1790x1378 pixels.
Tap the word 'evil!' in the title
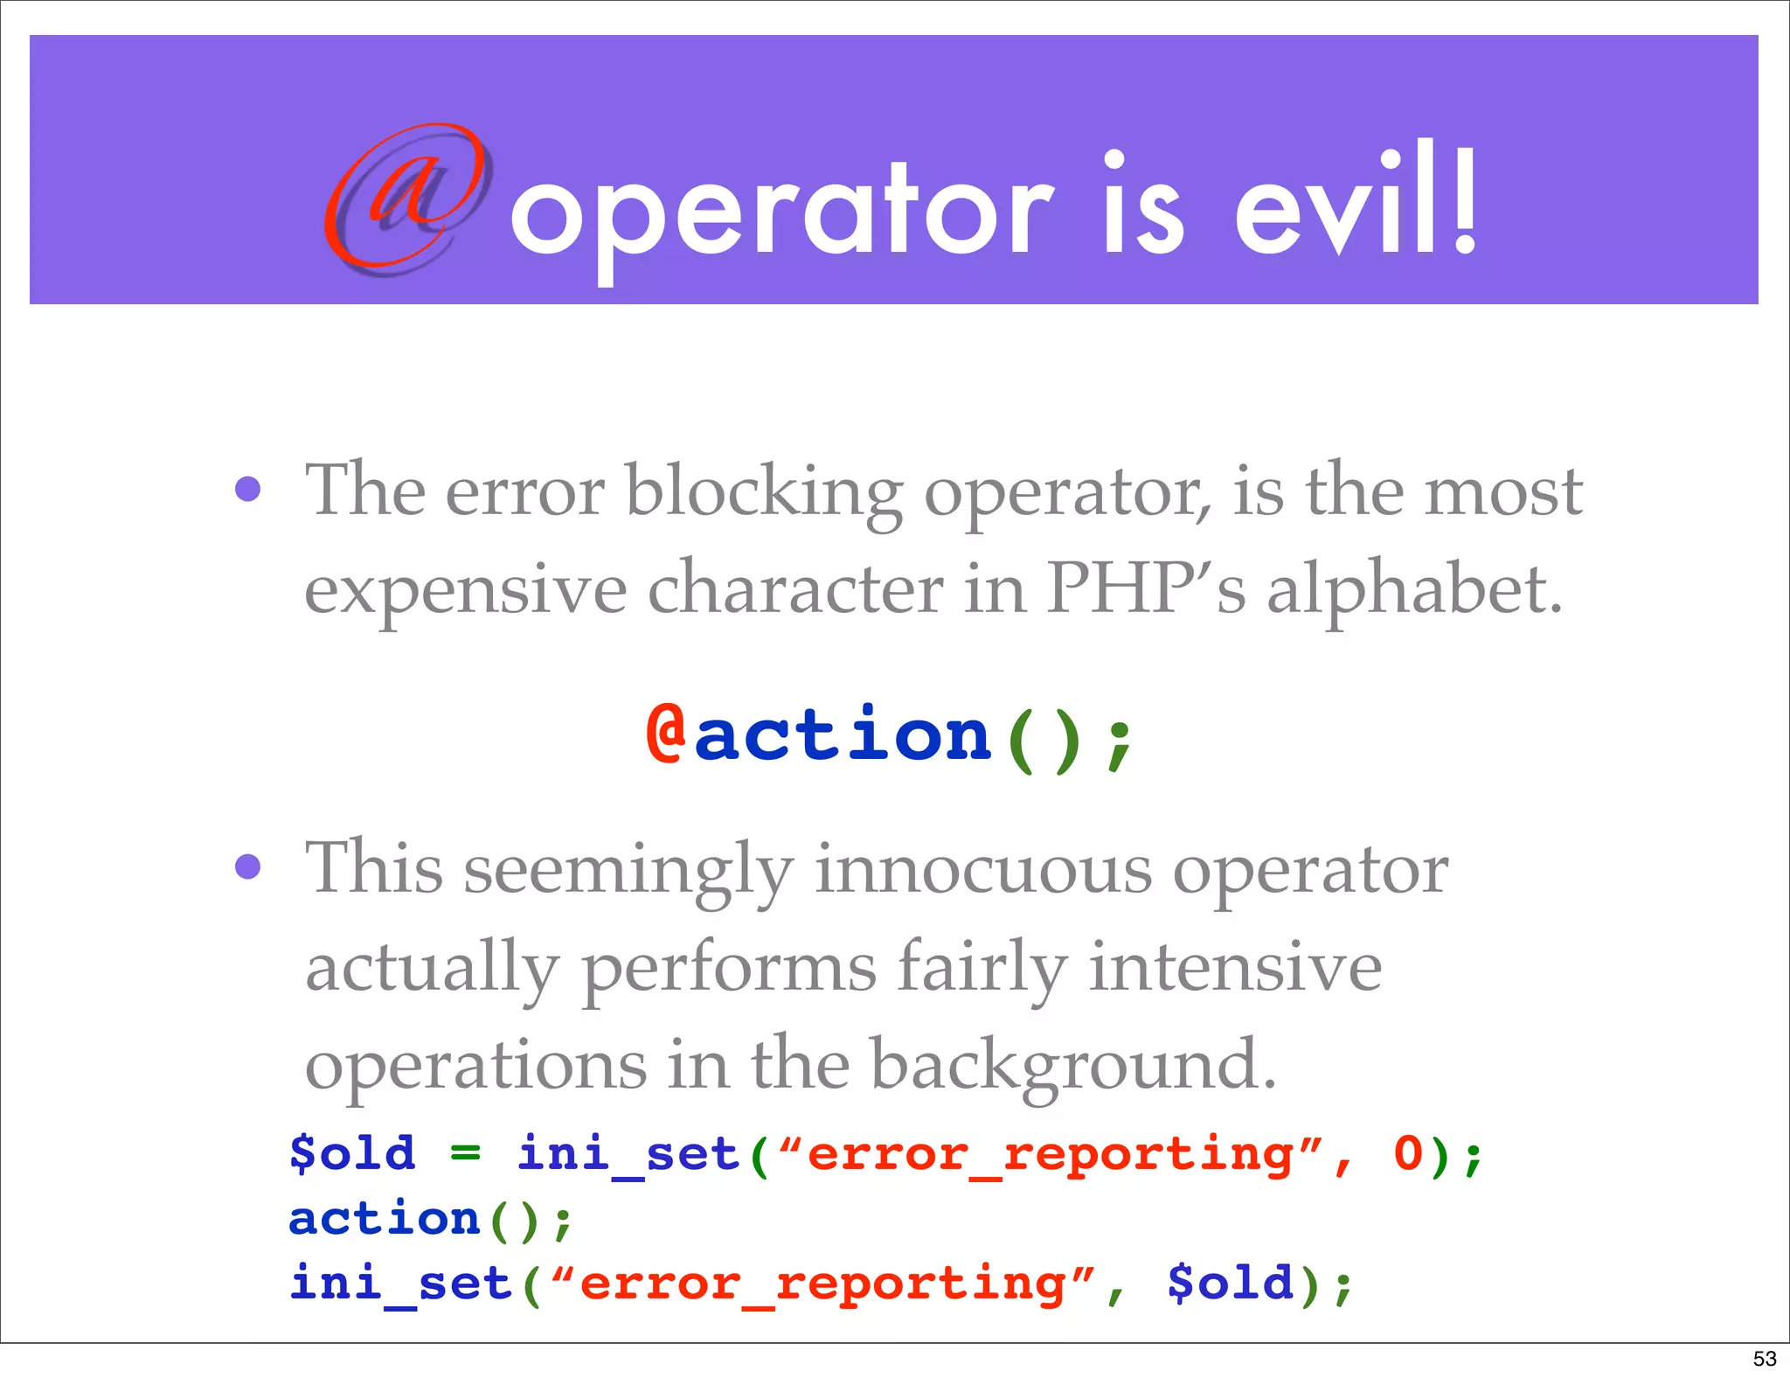pos(1356,205)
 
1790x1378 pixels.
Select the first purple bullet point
pos(248,489)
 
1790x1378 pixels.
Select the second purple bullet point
pos(248,866)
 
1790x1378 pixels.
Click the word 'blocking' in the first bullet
pos(764,492)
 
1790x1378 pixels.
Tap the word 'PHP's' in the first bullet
pos(1146,588)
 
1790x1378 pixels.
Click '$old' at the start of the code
pos(352,1153)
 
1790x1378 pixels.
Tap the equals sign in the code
pos(465,1153)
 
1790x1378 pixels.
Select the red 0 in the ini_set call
pos(1408,1153)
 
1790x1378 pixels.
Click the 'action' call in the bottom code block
pos(385,1219)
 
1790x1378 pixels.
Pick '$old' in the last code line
pos(1230,1283)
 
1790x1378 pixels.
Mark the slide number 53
pos(1765,1359)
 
